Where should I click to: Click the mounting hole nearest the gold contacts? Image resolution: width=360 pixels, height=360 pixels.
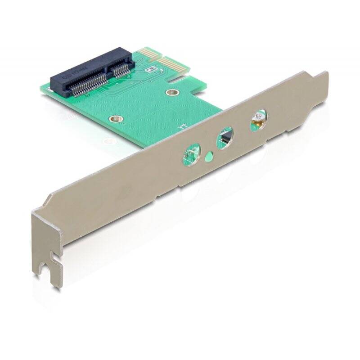pyautogui.click(x=170, y=93)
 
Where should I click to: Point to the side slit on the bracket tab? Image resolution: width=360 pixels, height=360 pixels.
pyautogui.click(x=56, y=258)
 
